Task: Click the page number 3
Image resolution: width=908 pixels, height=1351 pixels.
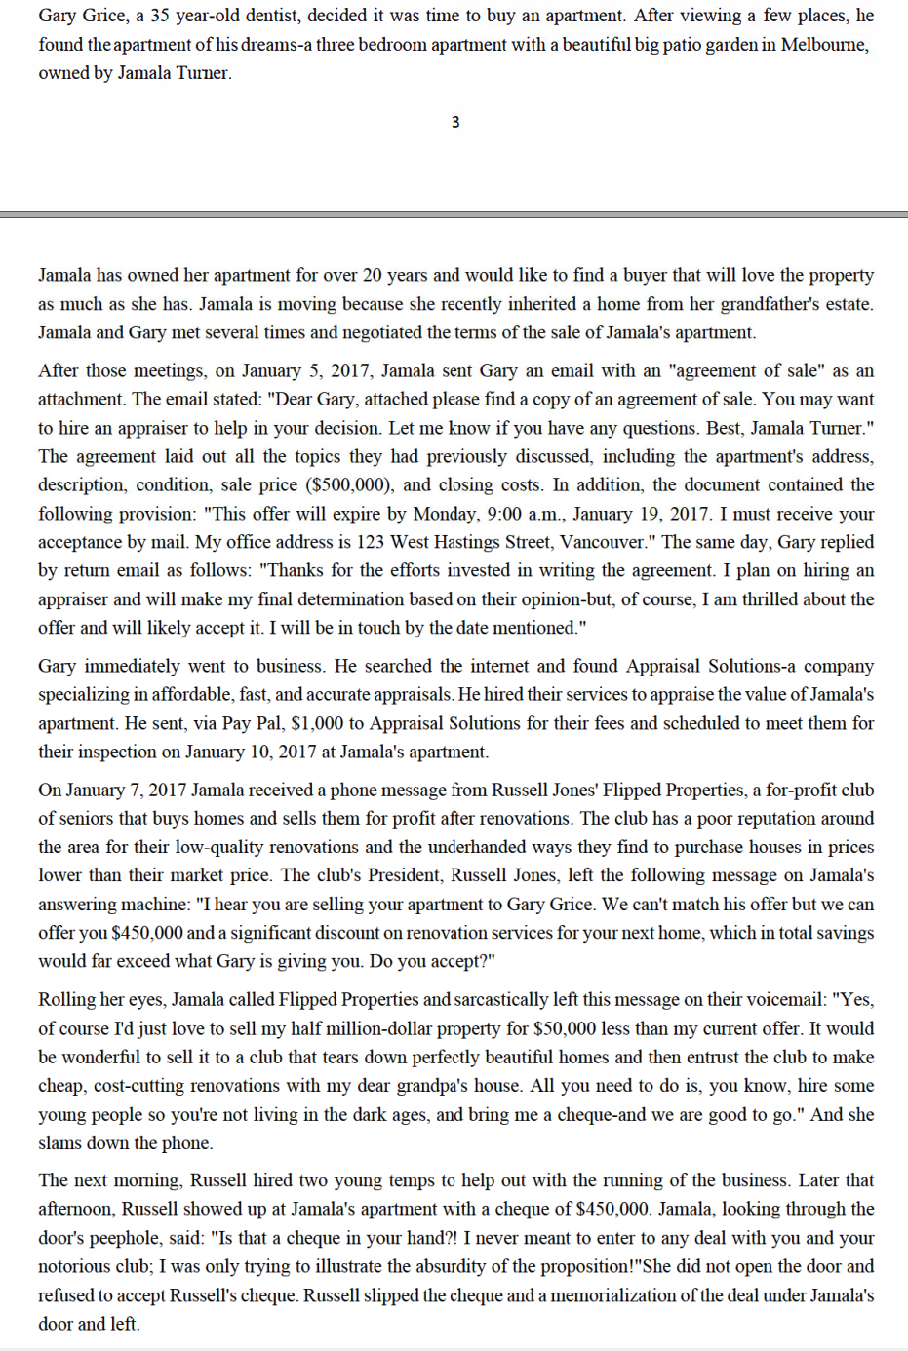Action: click(x=455, y=122)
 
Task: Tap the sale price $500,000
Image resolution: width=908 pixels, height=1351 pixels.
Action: click(x=350, y=484)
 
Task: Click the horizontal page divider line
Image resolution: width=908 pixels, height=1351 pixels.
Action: click(x=454, y=213)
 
